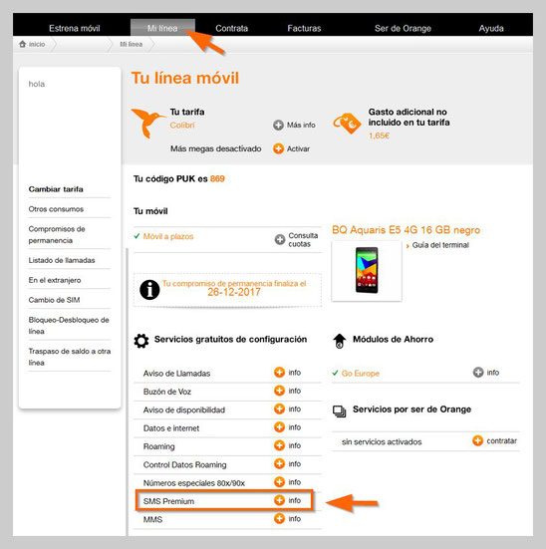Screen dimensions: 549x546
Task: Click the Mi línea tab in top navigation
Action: [x=161, y=28]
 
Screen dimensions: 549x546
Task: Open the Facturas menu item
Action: [x=305, y=28]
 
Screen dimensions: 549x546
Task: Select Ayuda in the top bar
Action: [x=491, y=28]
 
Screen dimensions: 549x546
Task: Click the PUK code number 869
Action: [x=217, y=179]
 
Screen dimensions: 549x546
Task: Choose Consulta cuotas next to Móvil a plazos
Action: [x=302, y=239]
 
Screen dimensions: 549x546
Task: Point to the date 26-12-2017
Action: [x=233, y=293]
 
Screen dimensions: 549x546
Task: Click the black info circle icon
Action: [x=149, y=289]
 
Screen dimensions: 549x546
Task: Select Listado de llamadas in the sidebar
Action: [x=56, y=259]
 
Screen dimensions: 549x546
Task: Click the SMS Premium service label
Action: [x=169, y=500]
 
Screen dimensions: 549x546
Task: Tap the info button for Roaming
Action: [x=280, y=445]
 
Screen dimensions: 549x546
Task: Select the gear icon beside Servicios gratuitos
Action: [x=141, y=340]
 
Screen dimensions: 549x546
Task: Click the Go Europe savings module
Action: [x=361, y=373]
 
